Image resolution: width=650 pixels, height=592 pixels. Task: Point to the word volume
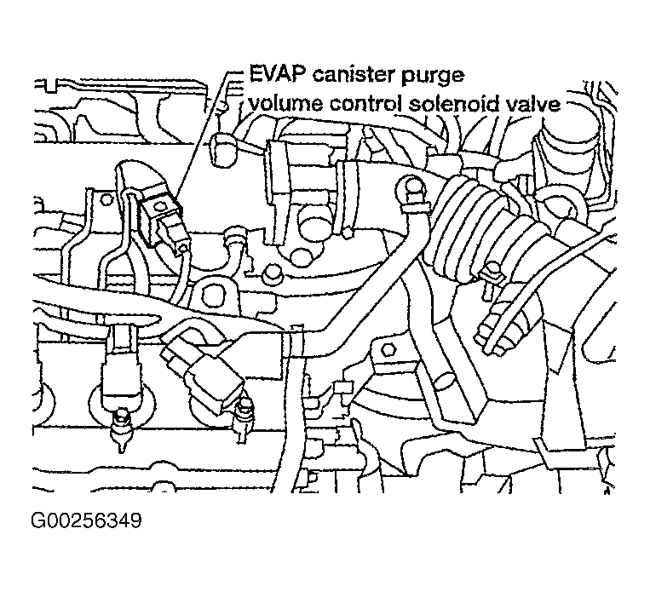click(285, 104)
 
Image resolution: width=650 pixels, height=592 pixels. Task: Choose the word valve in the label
click(535, 104)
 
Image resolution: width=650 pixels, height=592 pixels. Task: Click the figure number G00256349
click(86, 521)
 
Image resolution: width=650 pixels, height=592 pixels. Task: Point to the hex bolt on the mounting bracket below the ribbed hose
click(388, 350)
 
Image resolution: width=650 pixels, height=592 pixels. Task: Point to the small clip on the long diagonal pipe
click(294, 336)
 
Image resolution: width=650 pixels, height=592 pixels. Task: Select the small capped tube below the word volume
click(223, 147)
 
